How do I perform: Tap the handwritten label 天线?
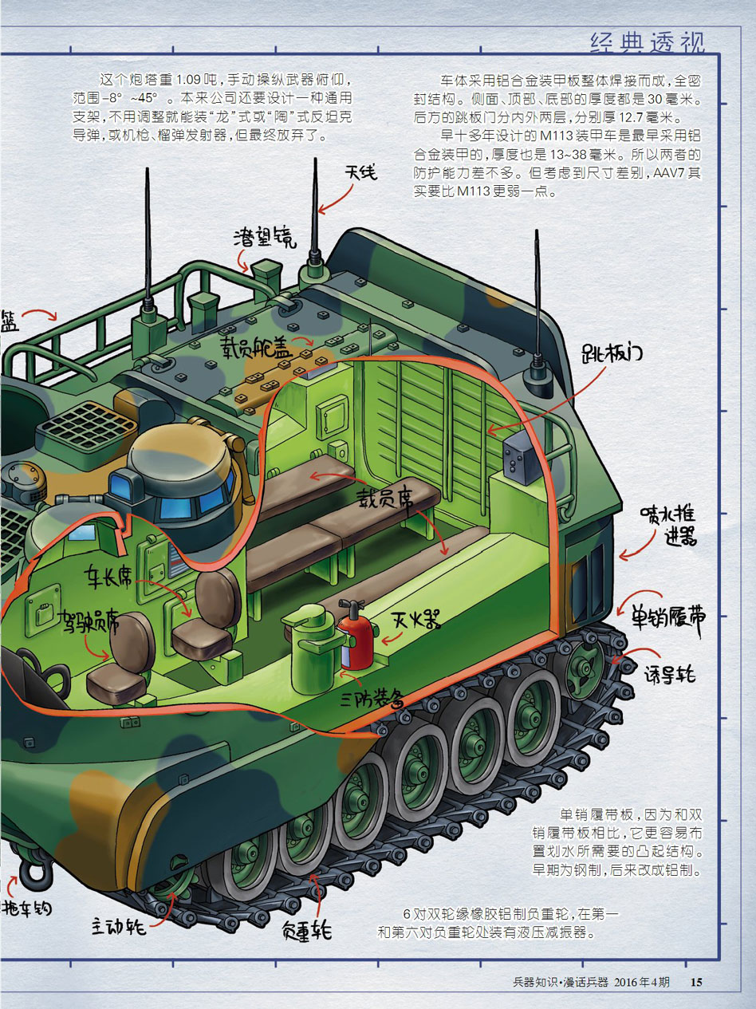pyautogui.click(x=361, y=173)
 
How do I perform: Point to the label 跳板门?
pyautogui.click(x=612, y=353)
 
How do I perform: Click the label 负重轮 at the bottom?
pyautogui.click(x=306, y=929)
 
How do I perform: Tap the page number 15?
pyautogui.click(x=696, y=982)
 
